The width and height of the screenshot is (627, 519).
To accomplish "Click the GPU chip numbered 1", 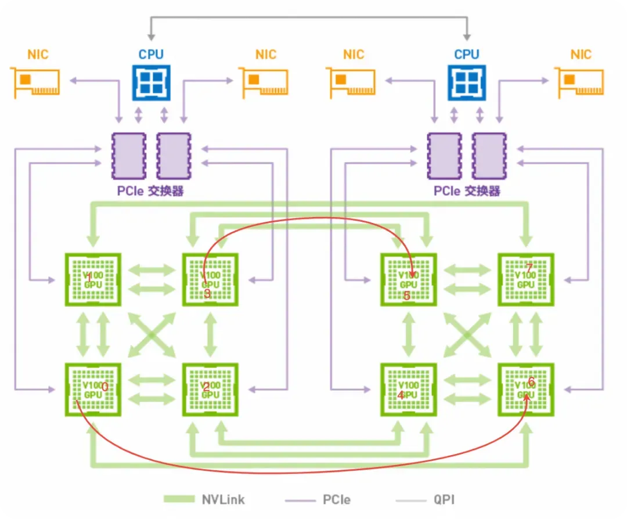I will click(x=93, y=279).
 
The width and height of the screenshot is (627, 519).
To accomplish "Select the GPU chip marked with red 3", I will click(x=211, y=279).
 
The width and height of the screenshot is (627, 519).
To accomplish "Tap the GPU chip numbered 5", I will click(x=409, y=279).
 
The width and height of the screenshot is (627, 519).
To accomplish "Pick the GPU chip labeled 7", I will click(x=526, y=279).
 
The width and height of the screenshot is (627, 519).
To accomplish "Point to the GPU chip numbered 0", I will click(x=93, y=389).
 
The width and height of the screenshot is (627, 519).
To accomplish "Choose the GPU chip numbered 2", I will click(x=211, y=389).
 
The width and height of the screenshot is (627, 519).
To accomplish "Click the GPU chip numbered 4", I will click(x=409, y=389).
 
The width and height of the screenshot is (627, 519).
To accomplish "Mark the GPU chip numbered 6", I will click(x=526, y=389).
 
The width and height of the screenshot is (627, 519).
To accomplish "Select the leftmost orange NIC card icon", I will click(x=35, y=81).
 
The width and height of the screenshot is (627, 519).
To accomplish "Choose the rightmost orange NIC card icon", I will click(x=579, y=81).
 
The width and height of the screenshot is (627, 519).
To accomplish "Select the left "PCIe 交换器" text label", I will click(x=150, y=190).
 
